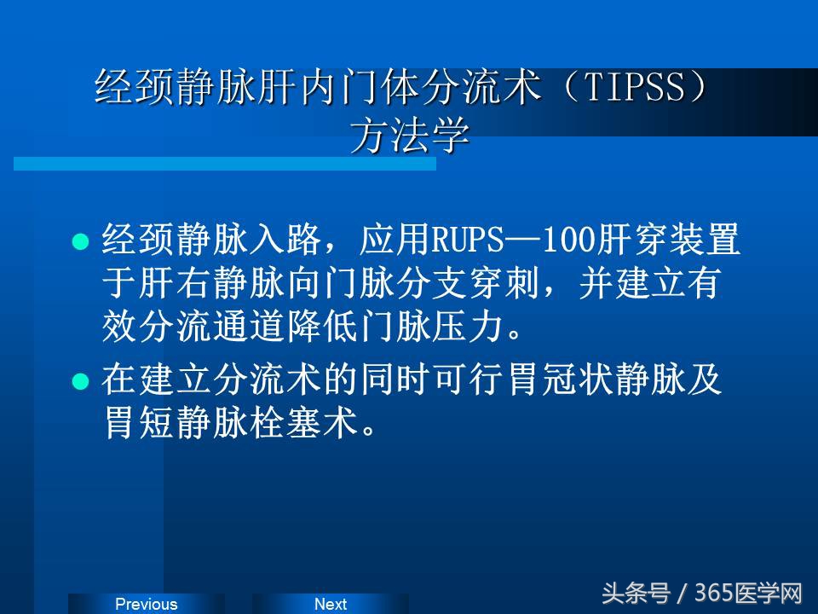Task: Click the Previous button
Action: click(146, 604)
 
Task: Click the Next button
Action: click(330, 604)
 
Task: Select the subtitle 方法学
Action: click(410, 136)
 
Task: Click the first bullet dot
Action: click(80, 242)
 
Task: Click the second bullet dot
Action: click(80, 381)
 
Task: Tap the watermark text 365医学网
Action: click(749, 593)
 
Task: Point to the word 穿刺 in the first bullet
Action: click(514, 285)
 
